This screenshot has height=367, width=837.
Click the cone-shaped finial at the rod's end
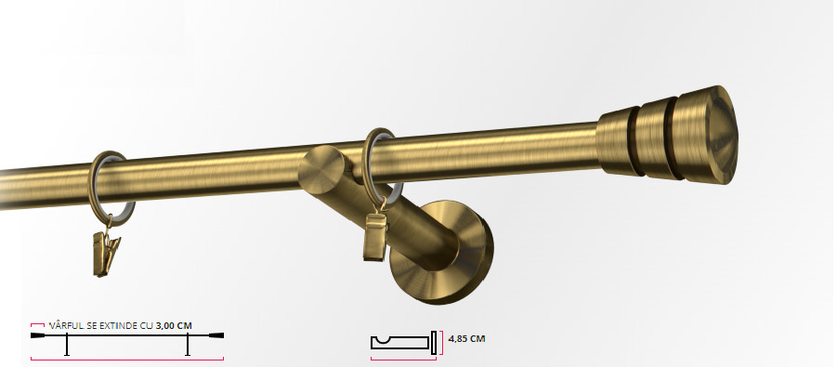click(x=667, y=137)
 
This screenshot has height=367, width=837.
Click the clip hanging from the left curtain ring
click(x=106, y=253)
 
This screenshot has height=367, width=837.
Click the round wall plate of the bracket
click(x=442, y=252)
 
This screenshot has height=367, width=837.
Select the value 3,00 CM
click(x=174, y=325)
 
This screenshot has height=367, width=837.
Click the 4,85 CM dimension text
click(x=466, y=339)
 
